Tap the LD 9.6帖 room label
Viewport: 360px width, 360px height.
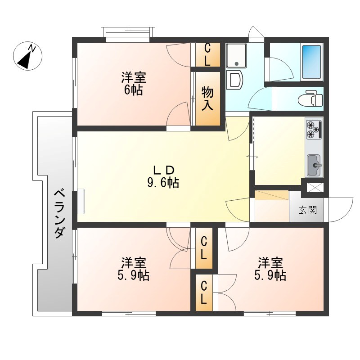[163, 176]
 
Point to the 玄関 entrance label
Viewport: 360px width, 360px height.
[308, 210]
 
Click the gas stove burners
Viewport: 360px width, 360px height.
[314, 129]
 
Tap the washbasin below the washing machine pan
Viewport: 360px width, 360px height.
[235, 80]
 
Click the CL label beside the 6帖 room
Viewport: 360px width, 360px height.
[207, 54]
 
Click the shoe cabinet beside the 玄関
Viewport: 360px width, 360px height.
[272, 195]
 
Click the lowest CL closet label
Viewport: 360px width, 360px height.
[204, 292]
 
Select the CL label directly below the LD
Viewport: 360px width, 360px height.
[204, 249]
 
